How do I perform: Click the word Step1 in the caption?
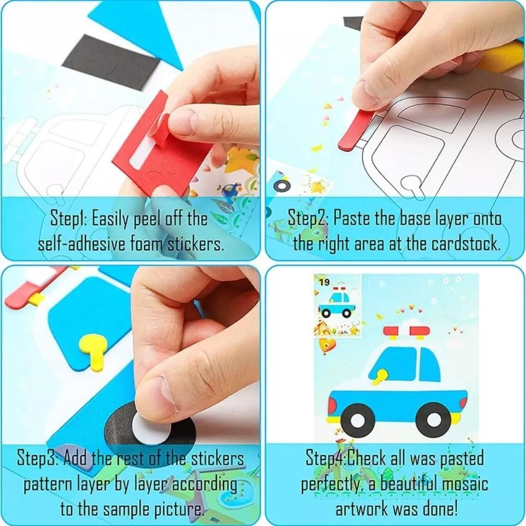69,219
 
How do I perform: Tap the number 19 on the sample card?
324,282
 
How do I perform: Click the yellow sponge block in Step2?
502,57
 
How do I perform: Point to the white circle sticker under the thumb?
151,431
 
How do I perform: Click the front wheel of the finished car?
433,419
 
